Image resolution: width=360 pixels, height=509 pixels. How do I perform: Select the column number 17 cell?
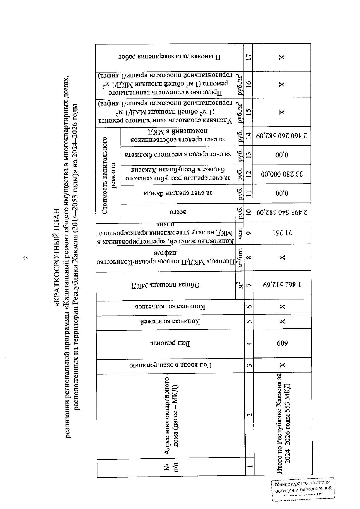pos(249,57)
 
